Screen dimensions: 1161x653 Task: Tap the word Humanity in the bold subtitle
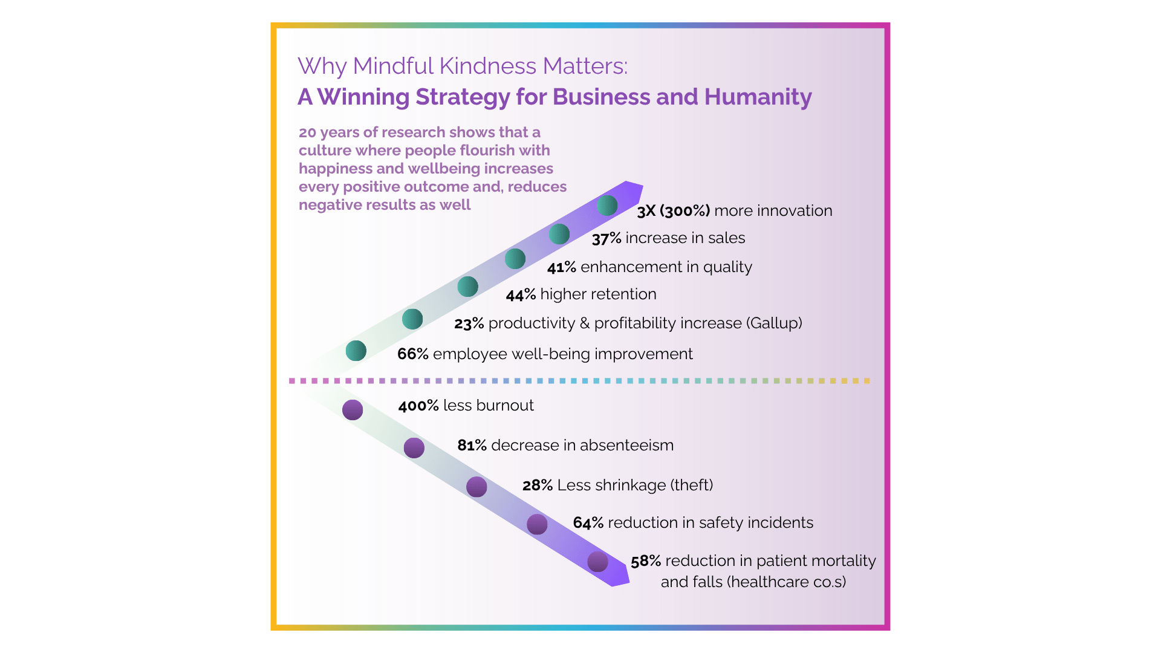tap(758, 97)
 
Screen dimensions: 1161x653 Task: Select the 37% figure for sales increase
tap(607, 238)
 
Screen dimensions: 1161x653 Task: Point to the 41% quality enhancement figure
tap(562, 267)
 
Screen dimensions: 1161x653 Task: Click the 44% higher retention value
tap(521, 294)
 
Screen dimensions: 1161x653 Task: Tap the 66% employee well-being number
tap(413, 354)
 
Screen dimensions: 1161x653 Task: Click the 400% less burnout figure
tap(418, 406)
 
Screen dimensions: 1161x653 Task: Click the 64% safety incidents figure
tap(588, 523)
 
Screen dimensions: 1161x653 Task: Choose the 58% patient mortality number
tap(646, 561)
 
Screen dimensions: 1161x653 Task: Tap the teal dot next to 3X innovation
tap(607, 206)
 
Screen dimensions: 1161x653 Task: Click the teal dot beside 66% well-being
tap(356, 351)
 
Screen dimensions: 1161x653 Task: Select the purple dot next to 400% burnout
tap(353, 410)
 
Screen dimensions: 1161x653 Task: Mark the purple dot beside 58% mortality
tap(597, 562)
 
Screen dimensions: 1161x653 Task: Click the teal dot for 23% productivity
tap(412, 319)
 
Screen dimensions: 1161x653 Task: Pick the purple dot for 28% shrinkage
tap(476, 487)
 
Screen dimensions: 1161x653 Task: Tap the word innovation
tap(795, 211)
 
